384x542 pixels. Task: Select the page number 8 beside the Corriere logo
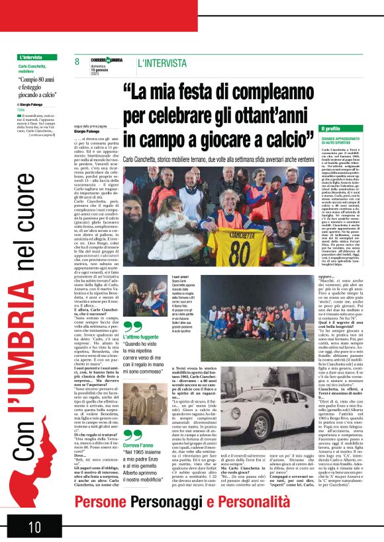(77, 63)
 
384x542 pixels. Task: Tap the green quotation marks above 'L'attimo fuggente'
(132, 327)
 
